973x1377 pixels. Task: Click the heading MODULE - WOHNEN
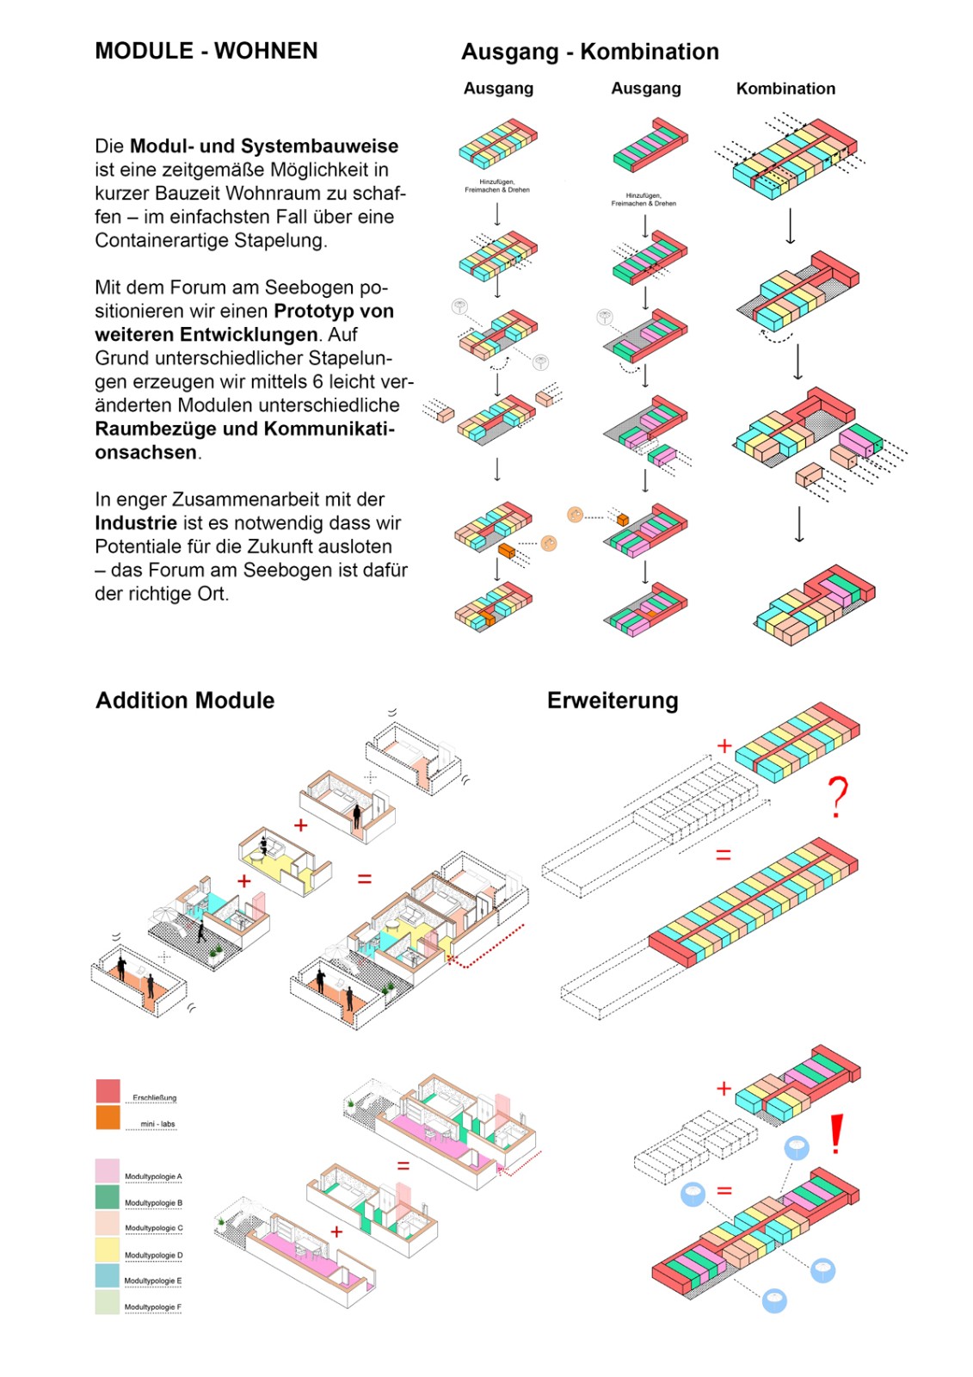(206, 51)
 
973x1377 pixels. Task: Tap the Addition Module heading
(185, 701)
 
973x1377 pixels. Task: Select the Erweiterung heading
(613, 701)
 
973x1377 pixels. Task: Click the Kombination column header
(785, 89)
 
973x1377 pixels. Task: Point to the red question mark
(837, 797)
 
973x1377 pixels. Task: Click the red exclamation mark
(835, 1135)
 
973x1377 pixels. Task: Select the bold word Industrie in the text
(136, 523)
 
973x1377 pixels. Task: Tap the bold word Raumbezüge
(152, 429)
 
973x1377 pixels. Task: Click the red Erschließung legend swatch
(108, 1091)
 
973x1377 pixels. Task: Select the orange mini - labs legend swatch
(108, 1117)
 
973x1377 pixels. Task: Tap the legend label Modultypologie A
(153, 1176)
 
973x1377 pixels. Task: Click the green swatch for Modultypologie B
(108, 1197)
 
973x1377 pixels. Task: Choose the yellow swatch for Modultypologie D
(108, 1250)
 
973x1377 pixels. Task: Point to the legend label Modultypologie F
(153, 1307)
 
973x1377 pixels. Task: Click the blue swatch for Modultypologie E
(108, 1275)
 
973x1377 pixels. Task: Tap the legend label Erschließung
(154, 1098)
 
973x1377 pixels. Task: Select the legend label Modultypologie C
(153, 1228)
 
